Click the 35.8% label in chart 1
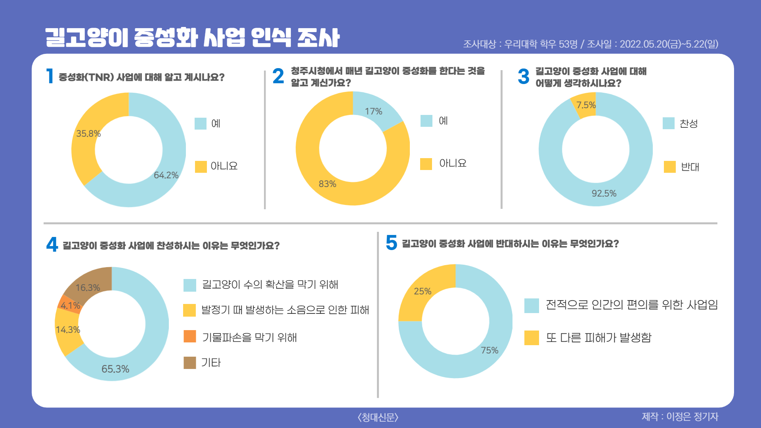(88, 134)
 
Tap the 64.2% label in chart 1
(166, 175)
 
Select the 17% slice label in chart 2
(373, 111)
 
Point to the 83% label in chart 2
(327, 184)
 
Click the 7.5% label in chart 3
(586, 105)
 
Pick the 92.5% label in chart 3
(604, 193)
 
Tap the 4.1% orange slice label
(70, 306)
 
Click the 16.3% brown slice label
(88, 288)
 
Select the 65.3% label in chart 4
(115, 369)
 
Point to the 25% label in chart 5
(423, 291)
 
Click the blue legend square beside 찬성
(669, 123)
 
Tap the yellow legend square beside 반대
(670, 167)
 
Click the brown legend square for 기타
(190, 363)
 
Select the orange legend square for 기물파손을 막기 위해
(190, 336)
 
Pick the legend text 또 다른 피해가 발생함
(598, 338)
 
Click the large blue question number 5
(391, 243)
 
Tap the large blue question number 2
(278, 76)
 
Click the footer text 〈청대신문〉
(378, 417)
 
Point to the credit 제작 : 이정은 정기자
(680, 417)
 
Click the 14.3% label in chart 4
(68, 330)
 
